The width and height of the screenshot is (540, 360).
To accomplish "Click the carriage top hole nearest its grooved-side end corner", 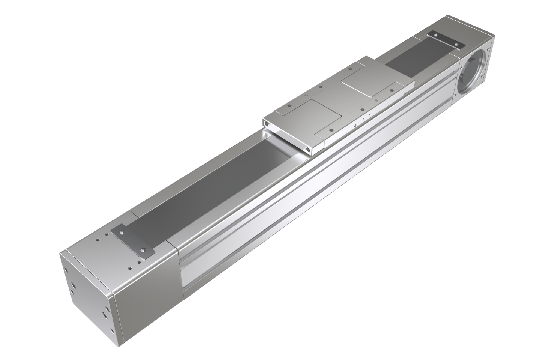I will click(330, 129).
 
